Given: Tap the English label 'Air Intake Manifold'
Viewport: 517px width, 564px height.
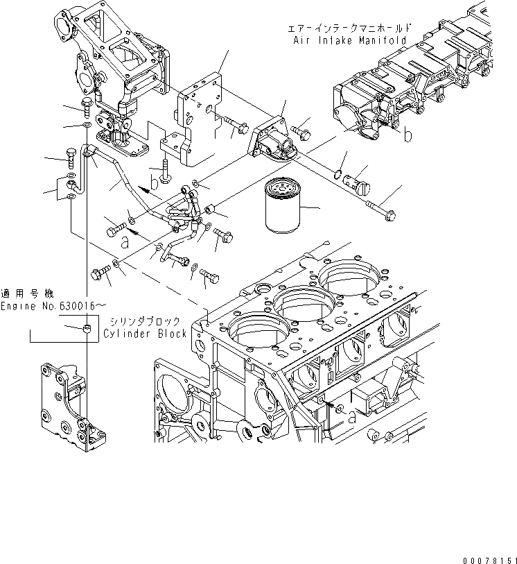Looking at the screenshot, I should click(349, 41).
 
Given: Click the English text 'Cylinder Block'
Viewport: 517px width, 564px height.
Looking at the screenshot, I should click(145, 334).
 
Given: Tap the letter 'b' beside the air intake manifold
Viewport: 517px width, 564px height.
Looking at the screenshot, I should click(408, 135).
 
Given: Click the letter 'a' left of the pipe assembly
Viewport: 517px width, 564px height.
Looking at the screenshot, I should click(125, 243).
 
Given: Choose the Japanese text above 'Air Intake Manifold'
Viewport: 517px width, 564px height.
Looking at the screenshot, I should click(349, 28).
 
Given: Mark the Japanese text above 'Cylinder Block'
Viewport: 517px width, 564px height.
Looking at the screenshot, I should click(145, 321).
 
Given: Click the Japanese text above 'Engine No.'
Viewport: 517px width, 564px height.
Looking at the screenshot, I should click(27, 293).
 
